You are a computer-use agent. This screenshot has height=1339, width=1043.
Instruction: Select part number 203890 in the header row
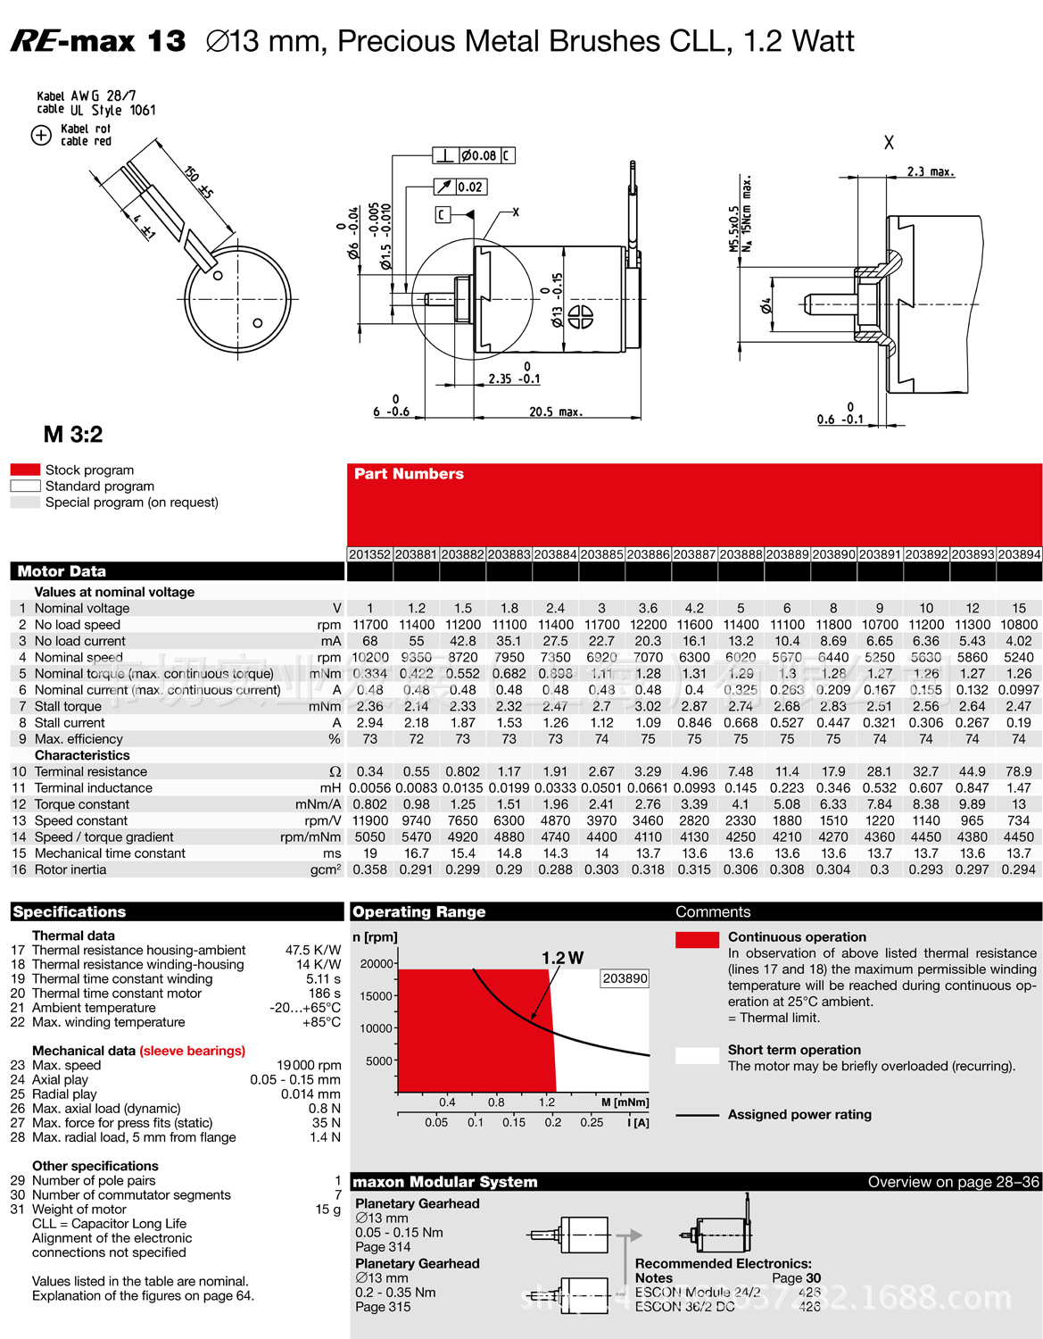pyautogui.click(x=833, y=554)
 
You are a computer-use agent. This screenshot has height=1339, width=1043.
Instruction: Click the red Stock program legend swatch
pyautogui.click(x=25, y=470)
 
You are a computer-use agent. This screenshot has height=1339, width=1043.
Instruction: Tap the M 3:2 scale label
pyautogui.click(x=73, y=435)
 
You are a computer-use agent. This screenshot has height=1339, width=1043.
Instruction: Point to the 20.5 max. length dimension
pyautogui.click(x=555, y=412)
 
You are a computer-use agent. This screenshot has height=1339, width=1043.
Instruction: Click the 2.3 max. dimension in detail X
pyautogui.click(x=930, y=171)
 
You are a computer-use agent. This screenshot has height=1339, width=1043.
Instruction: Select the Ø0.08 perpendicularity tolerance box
pyautogui.click(x=478, y=155)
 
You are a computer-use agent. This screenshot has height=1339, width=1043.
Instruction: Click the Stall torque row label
pyautogui.click(x=68, y=706)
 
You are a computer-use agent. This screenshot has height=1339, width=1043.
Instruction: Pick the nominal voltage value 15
pyautogui.click(x=1018, y=608)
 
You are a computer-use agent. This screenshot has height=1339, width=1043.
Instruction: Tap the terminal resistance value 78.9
pyautogui.click(x=1018, y=771)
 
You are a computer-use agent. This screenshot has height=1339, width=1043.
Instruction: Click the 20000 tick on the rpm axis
pyautogui.click(x=376, y=964)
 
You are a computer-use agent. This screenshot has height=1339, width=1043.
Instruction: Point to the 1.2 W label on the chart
pyautogui.click(x=562, y=958)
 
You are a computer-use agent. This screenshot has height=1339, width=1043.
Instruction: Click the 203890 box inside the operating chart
pyautogui.click(x=625, y=978)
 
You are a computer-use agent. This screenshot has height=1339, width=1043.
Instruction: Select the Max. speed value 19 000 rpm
pyautogui.click(x=309, y=1065)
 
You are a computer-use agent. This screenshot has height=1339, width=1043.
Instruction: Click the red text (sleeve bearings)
pyautogui.click(x=192, y=1051)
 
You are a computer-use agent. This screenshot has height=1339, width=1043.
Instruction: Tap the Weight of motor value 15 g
pyautogui.click(x=327, y=1210)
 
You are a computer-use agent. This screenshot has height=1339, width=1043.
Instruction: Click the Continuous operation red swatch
pyautogui.click(x=697, y=939)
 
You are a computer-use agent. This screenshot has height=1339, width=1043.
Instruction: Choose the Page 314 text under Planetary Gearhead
pyautogui.click(x=383, y=1247)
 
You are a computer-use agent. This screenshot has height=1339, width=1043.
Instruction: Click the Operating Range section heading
pyautogui.click(x=418, y=911)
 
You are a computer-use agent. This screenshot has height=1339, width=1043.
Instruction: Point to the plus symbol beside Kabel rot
pyautogui.click(x=41, y=135)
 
